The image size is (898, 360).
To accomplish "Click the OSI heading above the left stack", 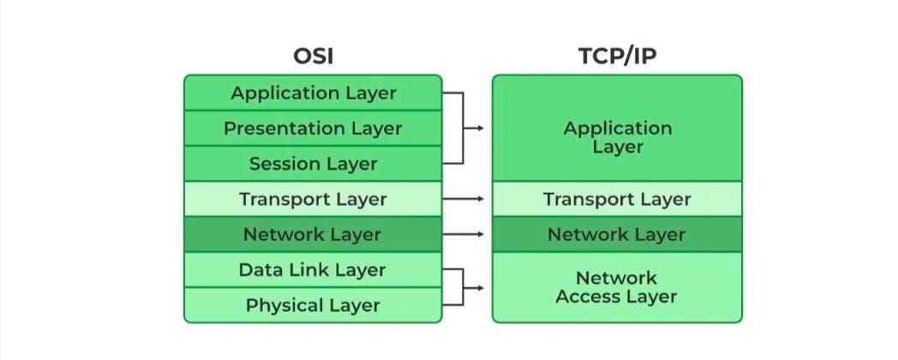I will pyautogui.click(x=313, y=57).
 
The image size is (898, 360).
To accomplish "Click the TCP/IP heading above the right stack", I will pyautogui.click(x=617, y=57).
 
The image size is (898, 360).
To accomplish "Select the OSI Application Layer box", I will pyautogui.click(x=313, y=93).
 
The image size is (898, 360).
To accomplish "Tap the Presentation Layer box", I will pyautogui.click(x=313, y=129).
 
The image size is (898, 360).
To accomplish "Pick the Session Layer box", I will pyautogui.click(x=313, y=163).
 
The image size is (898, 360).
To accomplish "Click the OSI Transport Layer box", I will pyautogui.click(x=313, y=200).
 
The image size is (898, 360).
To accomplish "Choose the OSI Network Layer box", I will pyautogui.click(x=313, y=234).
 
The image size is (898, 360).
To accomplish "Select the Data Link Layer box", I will pyautogui.click(x=313, y=270).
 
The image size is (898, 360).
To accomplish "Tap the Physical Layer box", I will pyautogui.click(x=313, y=305).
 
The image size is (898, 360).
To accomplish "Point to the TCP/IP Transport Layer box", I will pyautogui.click(x=617, y=200).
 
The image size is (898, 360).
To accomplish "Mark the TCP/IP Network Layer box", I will pyautogui.click(x=617, y=234).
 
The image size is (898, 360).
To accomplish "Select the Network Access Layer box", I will pyautogui.click(x=617, y=287).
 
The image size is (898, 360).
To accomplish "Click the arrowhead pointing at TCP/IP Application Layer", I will pyautogui.click(x=480, y=129).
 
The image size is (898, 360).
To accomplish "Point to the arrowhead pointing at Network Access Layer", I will pyautogui.click(x=480, y=287).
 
